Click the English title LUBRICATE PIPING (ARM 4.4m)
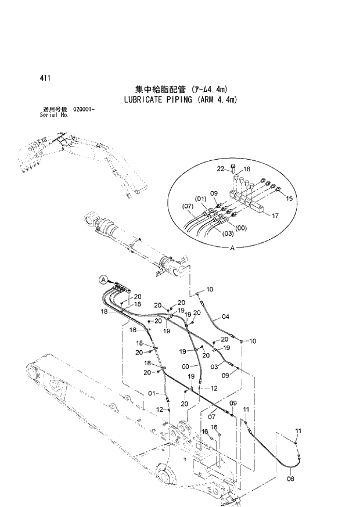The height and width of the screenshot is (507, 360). (x=181, y=99)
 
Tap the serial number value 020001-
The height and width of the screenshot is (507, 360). (x=85, y=110)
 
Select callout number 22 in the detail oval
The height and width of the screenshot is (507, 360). (x=221, y=168)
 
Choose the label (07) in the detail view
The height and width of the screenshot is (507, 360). (x=188, y=206)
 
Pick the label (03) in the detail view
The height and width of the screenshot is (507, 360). (x=228, y=234)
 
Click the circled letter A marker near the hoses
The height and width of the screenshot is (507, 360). (x=103, y=279)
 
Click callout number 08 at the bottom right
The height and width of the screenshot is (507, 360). (x=290, y=479)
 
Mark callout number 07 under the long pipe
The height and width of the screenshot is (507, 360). (x=212, y=415)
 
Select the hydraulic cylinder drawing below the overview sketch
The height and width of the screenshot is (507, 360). (x=134, y=241)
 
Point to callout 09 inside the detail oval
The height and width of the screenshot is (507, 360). (x=213, y=193)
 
